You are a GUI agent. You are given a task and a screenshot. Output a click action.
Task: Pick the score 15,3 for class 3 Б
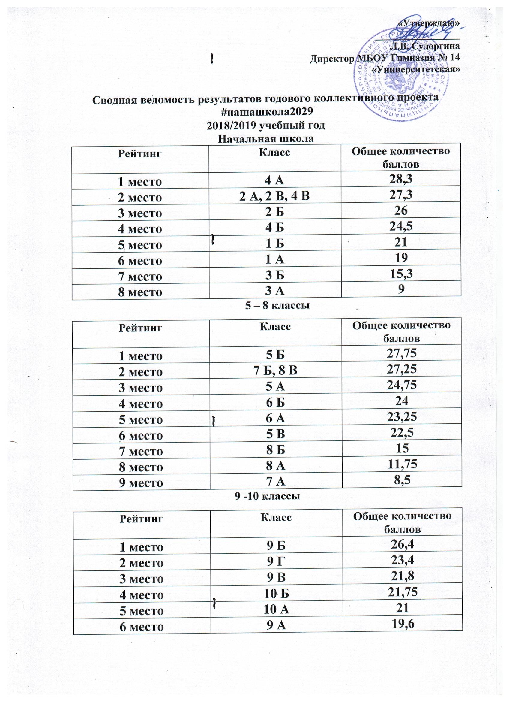(401, 275)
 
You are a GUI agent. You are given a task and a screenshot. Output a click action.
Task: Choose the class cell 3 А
(274, 291)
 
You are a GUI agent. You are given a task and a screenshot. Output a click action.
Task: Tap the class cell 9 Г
(276, 562)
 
